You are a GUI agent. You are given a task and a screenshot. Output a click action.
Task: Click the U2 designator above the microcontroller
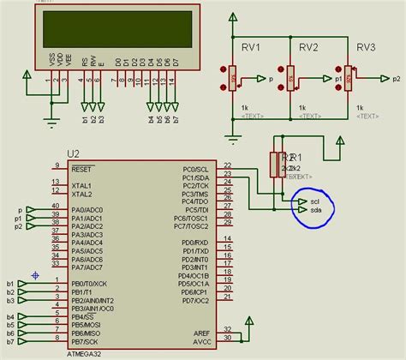pos(73,154)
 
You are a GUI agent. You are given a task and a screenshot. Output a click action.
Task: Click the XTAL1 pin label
pos(81,185)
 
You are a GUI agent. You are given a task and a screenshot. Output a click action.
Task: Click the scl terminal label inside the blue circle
pos(314,201)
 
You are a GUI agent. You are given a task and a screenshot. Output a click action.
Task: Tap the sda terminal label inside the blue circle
pos(314,210)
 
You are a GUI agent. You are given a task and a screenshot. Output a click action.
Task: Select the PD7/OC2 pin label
pos(195,301)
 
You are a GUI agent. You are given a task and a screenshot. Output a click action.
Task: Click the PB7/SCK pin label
pos(87,341)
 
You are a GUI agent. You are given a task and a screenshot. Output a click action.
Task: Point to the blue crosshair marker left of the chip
pos(34,274)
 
